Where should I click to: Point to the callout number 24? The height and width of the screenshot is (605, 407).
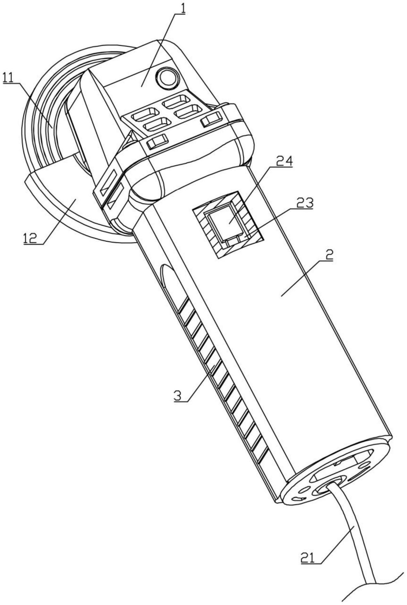click(x=285, y=162)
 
